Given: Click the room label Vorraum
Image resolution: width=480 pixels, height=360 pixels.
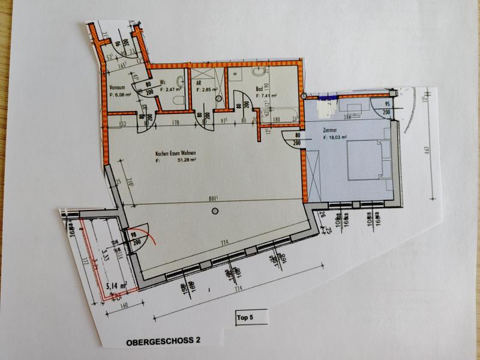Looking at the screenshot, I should pyautogui.click(x=116, y=87).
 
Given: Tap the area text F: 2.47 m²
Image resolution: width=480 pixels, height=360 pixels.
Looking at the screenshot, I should pyautogui.click(x=172, y=89).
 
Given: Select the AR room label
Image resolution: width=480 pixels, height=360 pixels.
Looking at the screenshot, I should pyautogui.click(x=199, y=84).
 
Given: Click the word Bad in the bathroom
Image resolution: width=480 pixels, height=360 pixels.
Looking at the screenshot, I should pyautogui.click(x=259, y=89).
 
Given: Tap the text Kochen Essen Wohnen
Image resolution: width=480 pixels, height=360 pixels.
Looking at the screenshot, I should pyautogui.click(x=175, y=154).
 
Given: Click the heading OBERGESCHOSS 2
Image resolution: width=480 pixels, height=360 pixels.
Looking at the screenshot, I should pyautogui.click(x=163, y=341).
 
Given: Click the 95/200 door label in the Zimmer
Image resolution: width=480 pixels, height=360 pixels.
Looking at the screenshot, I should pyautogui.click(x=387, y=107).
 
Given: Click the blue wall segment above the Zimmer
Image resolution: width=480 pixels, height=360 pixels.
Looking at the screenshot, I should pyautogui.click(x=328, y=97).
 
